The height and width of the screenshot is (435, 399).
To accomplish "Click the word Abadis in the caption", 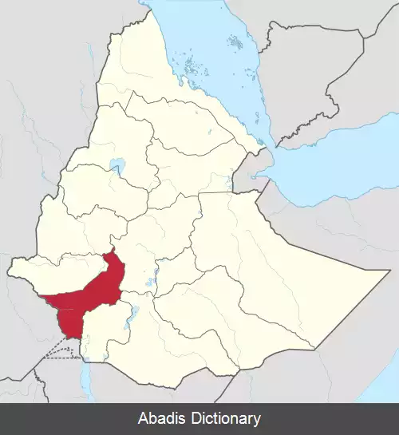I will pyautogui.click(x=164, y=418).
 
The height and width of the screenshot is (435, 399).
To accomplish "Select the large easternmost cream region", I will pyautogui.click(x=279, y=263).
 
